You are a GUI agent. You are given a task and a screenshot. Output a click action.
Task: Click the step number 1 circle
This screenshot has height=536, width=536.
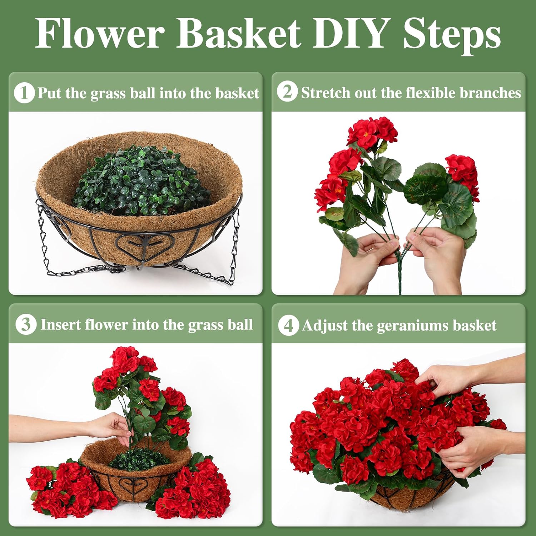[x=24, y=93]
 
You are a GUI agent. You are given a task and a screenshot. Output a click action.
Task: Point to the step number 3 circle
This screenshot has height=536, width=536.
[x=26, y=324]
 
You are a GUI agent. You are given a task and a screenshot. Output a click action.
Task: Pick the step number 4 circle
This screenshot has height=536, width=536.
[x=288, y=325]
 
